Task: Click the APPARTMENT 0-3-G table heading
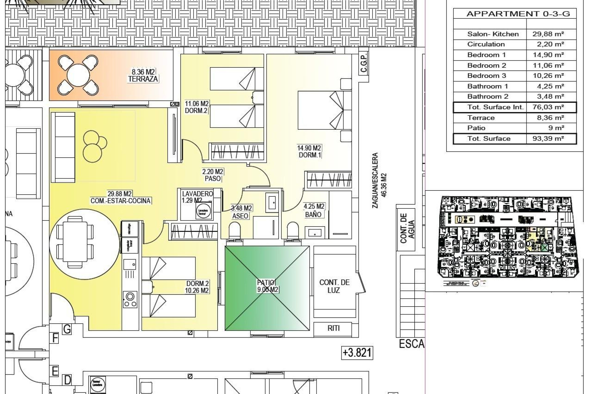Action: tap(518, 14)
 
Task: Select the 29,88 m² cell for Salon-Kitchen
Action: tap(548, 34)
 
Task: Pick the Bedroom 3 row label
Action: tap(486, 76)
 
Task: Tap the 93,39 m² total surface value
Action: tap(548, 139)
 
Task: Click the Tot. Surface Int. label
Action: tap(495, 107)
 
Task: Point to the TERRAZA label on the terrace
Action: tap(143, 79)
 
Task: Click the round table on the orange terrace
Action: tap(78, 75)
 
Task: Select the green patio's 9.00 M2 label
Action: tap(267, 289)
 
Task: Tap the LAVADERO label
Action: tap(197, 194)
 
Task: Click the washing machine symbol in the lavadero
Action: tap(203, 211)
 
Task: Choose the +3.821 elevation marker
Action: tap(357, 352)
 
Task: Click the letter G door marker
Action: tap(67, 329)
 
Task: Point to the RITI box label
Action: tap(333, 328)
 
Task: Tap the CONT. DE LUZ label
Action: tap(334, 286)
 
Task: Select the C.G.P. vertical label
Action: tap(364, 63)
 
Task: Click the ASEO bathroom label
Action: tap(240, 216)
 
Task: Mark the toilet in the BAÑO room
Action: tap(293, 230)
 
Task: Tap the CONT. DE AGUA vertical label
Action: tap(407, 228)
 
